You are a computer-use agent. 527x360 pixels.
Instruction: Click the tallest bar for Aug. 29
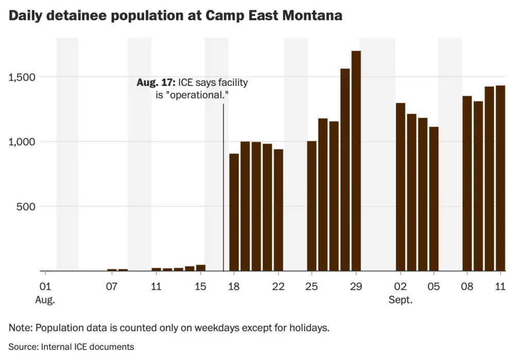[356, 161]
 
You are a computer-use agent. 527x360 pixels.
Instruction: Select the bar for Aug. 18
[234, 212]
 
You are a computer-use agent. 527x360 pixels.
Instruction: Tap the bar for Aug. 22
[278, 210]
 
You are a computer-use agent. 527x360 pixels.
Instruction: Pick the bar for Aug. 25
[312, 206]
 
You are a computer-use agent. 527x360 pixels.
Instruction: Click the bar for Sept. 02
[400, 187]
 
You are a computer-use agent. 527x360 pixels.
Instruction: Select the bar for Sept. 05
[434, 199]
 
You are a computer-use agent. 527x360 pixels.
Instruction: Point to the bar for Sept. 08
[467, 183]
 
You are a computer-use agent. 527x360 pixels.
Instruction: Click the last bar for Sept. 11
[500, 178]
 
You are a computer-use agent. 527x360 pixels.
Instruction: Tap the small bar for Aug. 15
[201, 268]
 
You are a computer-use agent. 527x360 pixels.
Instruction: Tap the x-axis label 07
[112, 287]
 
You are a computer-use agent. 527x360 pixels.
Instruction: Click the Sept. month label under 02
[400, 300]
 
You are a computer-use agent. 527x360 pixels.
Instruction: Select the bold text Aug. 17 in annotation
[156, 82]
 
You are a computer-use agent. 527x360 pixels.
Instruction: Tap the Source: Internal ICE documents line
[72, 347]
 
